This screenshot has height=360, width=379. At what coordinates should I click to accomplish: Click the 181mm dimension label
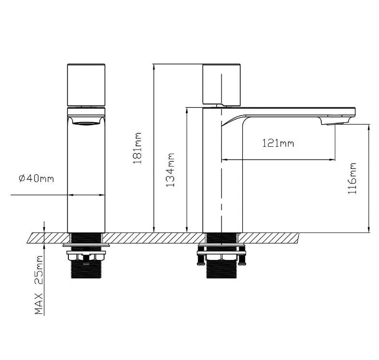pos(137,148)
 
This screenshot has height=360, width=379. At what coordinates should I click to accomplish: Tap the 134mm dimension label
pos(170,169)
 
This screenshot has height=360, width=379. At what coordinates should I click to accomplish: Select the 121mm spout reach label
pos(278,143)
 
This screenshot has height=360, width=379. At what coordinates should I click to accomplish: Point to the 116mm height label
pos(352,178)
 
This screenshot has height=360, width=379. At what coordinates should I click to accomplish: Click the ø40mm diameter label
pos(36,179)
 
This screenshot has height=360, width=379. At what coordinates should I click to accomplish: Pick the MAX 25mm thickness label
pos(39,285)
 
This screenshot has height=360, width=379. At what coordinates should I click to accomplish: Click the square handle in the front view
pos(86,85)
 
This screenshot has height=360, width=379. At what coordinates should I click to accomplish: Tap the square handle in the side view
pos(222,85)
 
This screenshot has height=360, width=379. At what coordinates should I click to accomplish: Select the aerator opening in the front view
pos(86,124)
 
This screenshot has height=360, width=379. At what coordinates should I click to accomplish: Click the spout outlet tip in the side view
pos(335,123)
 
